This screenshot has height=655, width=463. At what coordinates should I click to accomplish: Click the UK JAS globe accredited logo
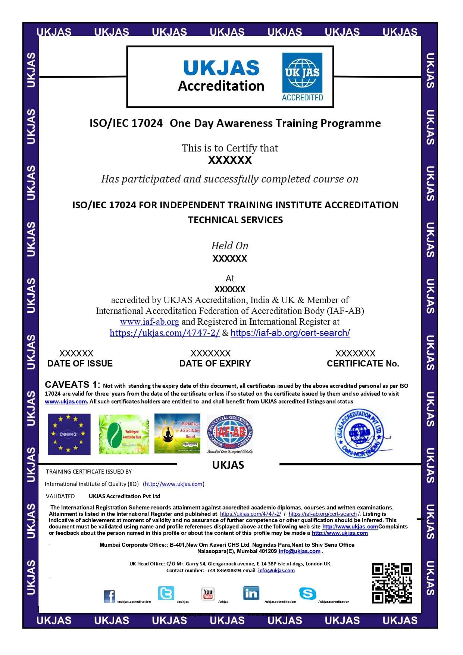[302, 77]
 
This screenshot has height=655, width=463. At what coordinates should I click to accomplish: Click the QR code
[391, 583]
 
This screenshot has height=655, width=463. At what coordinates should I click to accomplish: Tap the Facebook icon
[109, 596]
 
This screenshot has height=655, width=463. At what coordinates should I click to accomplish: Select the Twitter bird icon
[166, 593]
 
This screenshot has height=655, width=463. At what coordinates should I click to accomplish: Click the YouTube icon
[208, 593]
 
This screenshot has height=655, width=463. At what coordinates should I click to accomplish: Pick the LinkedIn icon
[251, 593]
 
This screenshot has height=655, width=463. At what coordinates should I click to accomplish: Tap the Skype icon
[307, 593]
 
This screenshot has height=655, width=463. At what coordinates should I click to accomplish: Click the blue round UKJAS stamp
[359, 433]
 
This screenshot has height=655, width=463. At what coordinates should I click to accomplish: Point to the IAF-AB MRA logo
[230, 433]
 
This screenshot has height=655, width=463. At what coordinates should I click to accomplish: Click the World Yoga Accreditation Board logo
[177, 433]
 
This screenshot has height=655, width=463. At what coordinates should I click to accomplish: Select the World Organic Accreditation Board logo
[124, 434]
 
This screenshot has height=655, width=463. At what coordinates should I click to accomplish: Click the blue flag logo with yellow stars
[69, 434]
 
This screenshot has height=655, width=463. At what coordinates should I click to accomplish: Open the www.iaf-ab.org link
[149, 322]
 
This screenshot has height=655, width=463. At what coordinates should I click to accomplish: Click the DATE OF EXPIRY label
[215, 364]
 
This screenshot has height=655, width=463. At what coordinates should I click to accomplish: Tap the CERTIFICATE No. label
[363, 364]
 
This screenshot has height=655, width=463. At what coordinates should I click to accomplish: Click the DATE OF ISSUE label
[80, 364]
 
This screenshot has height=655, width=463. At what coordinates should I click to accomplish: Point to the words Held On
[229, 246]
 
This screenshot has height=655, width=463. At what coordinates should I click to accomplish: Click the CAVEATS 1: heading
[72, 384]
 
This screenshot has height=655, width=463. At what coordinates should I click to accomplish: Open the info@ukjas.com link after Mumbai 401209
[299, 551]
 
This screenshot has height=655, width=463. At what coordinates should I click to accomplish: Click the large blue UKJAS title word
[221, 68]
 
